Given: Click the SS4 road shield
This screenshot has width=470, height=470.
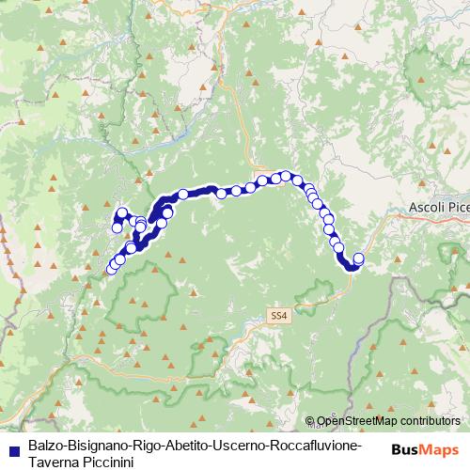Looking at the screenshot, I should (277, 317).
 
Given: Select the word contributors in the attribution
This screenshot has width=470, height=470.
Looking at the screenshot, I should (434, 421).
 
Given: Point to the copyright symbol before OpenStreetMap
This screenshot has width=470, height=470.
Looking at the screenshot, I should (311, 421).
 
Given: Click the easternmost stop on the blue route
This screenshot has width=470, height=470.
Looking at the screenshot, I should (357, 258).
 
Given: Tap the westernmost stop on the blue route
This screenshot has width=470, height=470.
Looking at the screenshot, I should (111, 270).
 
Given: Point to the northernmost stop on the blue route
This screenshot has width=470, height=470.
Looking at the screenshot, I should (285, 175).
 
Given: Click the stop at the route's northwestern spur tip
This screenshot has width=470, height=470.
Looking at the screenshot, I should (122, 211).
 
